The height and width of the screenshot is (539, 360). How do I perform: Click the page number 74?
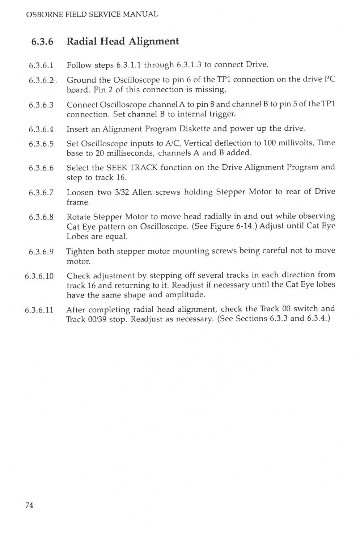pos(29,505)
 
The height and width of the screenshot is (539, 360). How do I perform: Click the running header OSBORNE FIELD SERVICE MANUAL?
pos(92,14)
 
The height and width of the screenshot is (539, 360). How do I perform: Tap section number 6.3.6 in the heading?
pos(42,42)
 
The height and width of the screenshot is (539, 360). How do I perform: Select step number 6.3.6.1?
pos(41,66)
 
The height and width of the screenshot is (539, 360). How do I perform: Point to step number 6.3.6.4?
pos(41,129)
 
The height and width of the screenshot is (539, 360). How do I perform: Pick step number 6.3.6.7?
pos(41,193)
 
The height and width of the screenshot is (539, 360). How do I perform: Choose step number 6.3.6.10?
pos(39,276)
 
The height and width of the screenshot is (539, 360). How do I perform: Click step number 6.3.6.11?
pos(39,310)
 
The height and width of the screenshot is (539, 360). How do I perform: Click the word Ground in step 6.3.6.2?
pos(81,80)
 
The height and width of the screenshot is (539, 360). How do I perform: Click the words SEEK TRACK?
pos(132,168)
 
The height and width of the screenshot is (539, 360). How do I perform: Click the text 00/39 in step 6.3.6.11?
pos(97,319)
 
